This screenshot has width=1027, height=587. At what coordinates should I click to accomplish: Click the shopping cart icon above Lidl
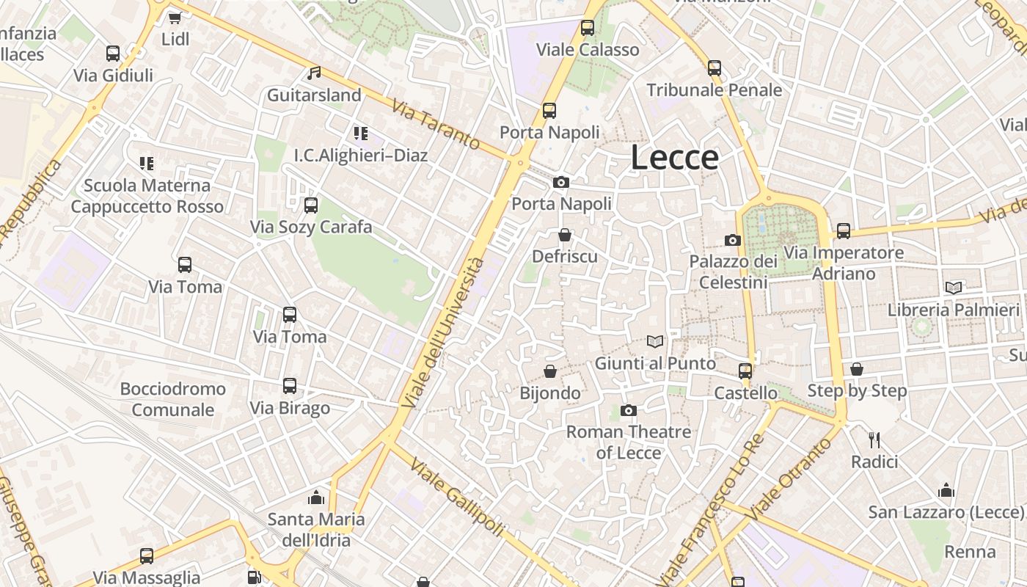click(x=175, y=18)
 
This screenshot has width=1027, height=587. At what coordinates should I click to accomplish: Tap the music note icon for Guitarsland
click(x=314, y=73)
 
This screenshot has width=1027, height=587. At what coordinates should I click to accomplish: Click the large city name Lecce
click(x=674, y=158)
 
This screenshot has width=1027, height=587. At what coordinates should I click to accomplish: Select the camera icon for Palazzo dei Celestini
click(x=732, y=240)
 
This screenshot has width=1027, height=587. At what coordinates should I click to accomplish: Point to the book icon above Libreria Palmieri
click(x=954, y=288)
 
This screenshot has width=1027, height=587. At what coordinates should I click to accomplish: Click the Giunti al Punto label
click(x=655, y=363)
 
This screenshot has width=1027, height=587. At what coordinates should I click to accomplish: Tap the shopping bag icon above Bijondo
click(x=549, y=371)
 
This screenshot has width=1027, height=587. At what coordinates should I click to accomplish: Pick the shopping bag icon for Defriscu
click(x=564, y=235)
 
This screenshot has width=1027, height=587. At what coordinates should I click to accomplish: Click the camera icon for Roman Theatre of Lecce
click(x=628, y=410)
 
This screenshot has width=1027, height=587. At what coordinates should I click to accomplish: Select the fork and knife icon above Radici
click(x=874, y=440)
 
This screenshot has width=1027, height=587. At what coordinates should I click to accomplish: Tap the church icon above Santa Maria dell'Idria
click(x=316, y=497)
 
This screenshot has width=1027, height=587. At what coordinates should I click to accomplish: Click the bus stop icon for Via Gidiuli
click(x=112, y=54)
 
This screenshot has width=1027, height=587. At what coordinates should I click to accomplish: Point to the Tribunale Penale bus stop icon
click(x=714, y=68)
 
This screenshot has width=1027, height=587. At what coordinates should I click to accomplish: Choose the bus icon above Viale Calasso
click(x=587, y=29)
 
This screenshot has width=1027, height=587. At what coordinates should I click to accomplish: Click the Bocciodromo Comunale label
click(x=173, y=399)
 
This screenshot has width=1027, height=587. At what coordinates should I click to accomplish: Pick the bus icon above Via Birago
click(x=290, y=386)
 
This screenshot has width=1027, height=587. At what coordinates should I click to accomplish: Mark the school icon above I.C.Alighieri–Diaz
click(x=360, y=134)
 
